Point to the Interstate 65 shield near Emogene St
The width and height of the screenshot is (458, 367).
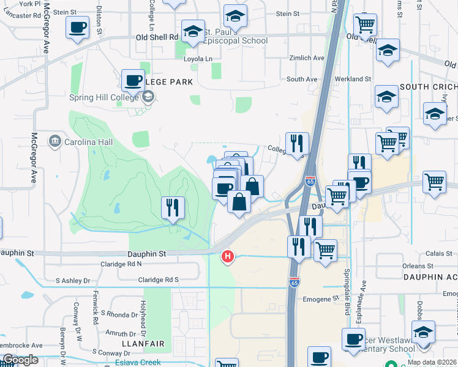(295, 281)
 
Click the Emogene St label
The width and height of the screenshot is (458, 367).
(321, 299)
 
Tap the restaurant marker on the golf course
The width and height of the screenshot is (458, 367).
(173, 207)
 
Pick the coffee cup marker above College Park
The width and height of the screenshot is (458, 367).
(133, 80)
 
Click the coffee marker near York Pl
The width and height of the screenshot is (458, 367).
(78, 28)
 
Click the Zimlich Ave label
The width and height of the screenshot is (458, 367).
(307, 58)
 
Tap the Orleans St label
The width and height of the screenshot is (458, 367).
(418, 266)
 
